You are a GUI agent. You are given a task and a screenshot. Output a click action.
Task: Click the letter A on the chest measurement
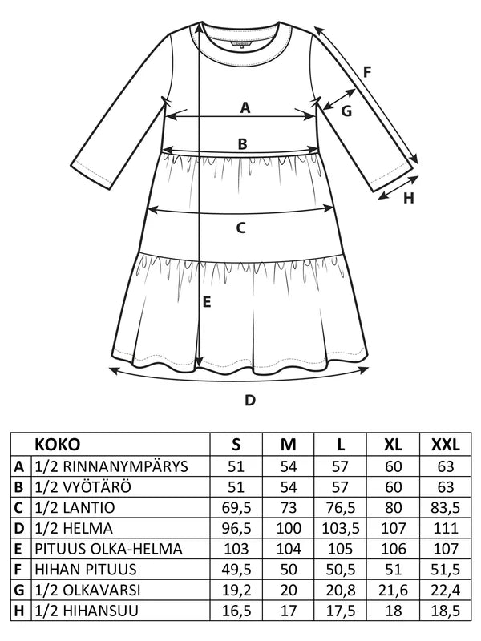245,108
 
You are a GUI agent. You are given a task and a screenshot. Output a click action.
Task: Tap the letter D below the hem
250,400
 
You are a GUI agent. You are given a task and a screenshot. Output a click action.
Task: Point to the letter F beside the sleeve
367,72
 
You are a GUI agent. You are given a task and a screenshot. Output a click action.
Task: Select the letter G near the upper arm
346,111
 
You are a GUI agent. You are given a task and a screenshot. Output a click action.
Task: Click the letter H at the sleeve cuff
409,198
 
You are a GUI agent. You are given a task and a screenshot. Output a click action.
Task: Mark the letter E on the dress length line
207,302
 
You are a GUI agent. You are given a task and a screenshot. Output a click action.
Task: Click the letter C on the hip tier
241,228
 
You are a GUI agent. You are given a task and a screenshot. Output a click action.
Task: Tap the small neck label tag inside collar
242,44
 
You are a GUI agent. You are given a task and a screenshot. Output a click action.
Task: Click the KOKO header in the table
57,445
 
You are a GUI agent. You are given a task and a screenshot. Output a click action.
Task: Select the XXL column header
446,445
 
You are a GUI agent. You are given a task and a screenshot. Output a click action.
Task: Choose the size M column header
289,445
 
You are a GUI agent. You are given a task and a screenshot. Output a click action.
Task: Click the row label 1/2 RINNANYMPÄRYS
111,466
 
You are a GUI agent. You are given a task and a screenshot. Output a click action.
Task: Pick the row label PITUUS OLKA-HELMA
108,549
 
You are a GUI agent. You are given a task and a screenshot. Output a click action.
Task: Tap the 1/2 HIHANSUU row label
87,611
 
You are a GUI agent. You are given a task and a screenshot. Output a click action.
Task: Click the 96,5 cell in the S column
236,528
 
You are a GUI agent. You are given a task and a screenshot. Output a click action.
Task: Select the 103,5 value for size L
341,528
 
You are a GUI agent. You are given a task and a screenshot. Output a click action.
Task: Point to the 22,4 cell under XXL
446,590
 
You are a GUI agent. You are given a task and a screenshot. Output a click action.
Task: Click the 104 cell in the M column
289,549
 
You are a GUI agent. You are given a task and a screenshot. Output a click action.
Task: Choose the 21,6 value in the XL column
393,590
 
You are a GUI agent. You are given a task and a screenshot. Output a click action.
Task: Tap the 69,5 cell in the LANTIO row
236,508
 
